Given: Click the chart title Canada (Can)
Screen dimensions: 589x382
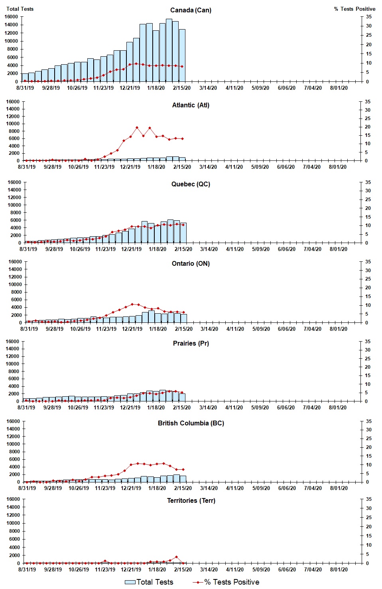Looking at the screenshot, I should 191,10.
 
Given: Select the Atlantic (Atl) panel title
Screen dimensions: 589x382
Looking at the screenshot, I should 191,105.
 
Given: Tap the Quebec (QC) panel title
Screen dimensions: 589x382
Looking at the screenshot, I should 191,184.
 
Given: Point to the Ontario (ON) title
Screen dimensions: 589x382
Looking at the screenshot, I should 191,263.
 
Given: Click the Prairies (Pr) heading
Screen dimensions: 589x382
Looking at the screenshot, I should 191,343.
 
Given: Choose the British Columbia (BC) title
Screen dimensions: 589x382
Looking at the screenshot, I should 191,423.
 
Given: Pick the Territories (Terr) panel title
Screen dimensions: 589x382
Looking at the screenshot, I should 191,500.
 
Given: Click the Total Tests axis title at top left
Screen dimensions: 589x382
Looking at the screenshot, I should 20,9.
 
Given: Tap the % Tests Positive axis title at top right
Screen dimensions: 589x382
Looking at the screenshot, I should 354,9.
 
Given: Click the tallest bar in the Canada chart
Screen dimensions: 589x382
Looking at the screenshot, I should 169,50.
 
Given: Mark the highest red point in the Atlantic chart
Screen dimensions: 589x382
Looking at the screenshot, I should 137,128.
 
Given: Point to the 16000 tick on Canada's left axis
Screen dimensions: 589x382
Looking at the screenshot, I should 12,17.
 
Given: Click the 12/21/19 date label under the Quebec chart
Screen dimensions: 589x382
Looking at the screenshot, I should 131,249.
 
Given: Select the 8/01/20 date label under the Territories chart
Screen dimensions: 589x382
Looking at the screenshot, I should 339,569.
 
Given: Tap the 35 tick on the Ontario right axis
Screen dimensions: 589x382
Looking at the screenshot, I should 368,262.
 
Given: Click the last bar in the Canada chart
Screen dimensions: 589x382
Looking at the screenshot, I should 182,55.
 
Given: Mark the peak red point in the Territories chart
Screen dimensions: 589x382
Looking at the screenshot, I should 176,557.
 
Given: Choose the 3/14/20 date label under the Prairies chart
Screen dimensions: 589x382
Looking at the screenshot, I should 208,407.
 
